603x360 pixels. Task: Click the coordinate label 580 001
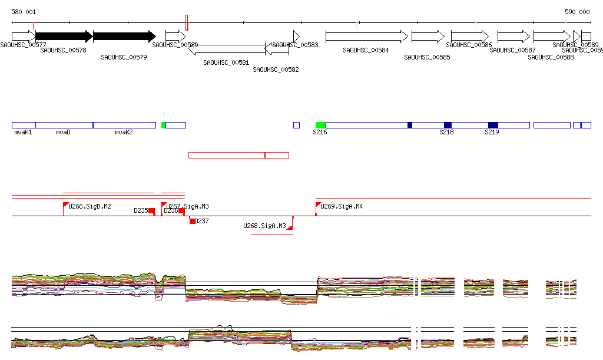(24, 12)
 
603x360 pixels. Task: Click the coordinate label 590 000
(577, 12)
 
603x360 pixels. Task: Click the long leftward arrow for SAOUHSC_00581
(227, 49)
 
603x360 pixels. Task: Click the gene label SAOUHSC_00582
(276, 70)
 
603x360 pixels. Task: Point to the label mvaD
(64, 133)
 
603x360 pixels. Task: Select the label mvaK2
(124, 133)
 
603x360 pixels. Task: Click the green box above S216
(320, 125)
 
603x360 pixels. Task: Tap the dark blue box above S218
(448, 125)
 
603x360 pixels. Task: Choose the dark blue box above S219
(493, 125)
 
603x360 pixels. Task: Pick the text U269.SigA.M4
(342, 206)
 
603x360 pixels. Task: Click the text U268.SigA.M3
(264, 226)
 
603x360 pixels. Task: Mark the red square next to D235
(151, 211)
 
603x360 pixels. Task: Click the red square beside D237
(192, 221)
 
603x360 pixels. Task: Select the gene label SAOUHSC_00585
(427, 57)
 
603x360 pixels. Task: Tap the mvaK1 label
(24, 133)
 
